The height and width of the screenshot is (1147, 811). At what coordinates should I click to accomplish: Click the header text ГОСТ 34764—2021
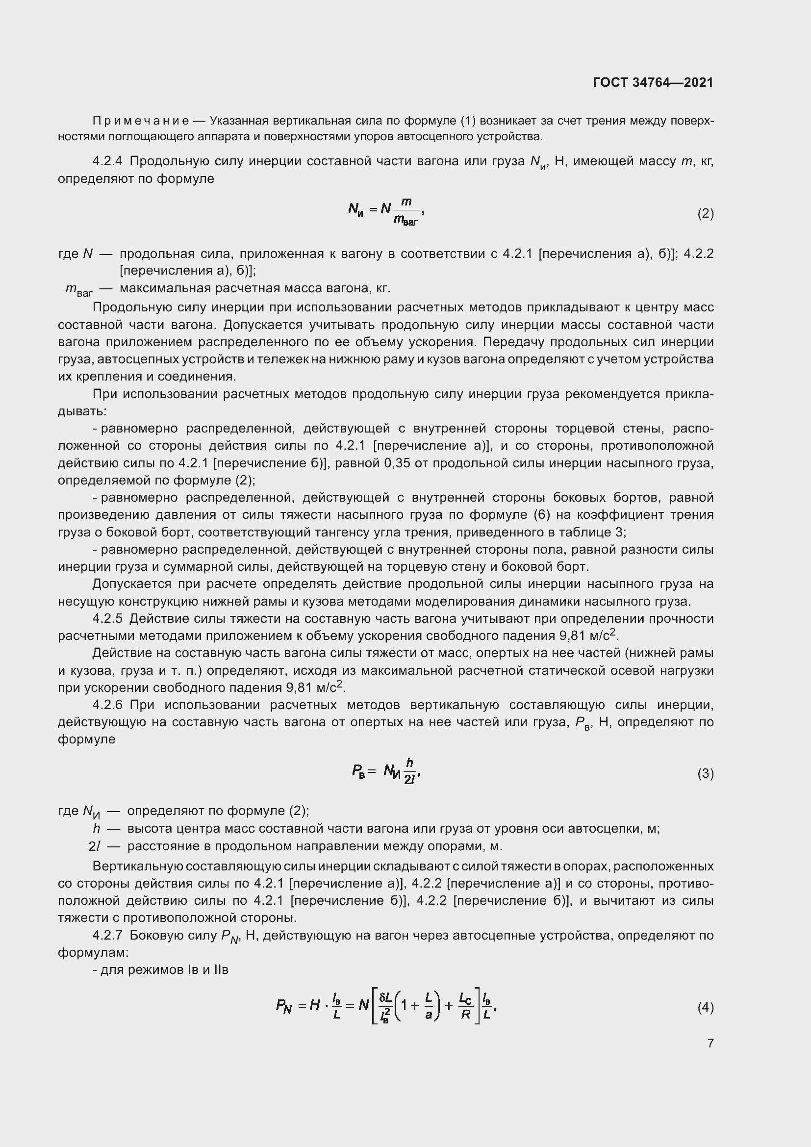653,82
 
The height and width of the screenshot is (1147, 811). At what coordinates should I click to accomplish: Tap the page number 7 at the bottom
710,1043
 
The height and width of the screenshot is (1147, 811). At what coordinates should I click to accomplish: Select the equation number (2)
705,214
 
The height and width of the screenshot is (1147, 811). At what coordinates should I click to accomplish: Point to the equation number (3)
705,774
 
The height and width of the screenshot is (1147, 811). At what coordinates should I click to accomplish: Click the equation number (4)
705,1007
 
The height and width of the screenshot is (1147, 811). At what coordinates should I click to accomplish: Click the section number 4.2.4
107,161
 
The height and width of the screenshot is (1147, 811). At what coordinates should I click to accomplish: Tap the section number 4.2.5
107,618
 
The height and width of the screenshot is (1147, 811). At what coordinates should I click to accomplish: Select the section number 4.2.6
107,705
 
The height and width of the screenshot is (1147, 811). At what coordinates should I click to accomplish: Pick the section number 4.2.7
107,935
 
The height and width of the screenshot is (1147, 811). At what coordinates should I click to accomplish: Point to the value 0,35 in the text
397,463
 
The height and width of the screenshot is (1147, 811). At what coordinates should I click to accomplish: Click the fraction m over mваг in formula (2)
406,212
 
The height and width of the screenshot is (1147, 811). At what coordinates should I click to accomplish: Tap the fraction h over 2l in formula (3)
409,771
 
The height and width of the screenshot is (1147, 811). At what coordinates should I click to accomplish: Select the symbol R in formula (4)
465,1015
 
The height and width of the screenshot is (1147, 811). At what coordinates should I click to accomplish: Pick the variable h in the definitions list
97,828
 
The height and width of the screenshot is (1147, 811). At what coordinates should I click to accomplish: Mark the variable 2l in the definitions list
94,846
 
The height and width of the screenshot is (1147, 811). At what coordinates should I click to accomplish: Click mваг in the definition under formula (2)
79,290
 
